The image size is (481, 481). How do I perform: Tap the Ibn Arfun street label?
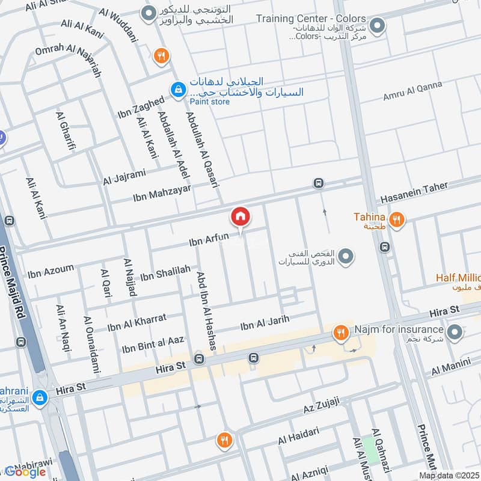[x=209, y=238]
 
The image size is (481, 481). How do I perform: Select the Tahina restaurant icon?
[x=396, y=219]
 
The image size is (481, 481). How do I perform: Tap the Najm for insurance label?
[x=398, y=329]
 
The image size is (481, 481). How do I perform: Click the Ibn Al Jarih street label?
[x=265, y=323]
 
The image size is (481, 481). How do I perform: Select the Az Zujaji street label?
[x=322, y=406]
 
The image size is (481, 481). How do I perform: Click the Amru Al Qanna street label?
[x=412, y=91]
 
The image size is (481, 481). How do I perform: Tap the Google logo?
[x=25, y=472]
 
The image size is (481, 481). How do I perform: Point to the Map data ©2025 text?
[x=449, y=475]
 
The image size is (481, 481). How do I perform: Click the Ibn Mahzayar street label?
[x=162, y=194]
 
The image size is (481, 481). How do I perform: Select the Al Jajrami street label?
[x=124, y=177]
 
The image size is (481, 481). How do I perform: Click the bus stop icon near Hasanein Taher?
[x=318, y=183]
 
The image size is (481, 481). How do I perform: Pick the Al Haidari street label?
[x=297, y=437]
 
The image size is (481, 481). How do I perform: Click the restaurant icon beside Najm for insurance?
[x=340, y=332]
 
